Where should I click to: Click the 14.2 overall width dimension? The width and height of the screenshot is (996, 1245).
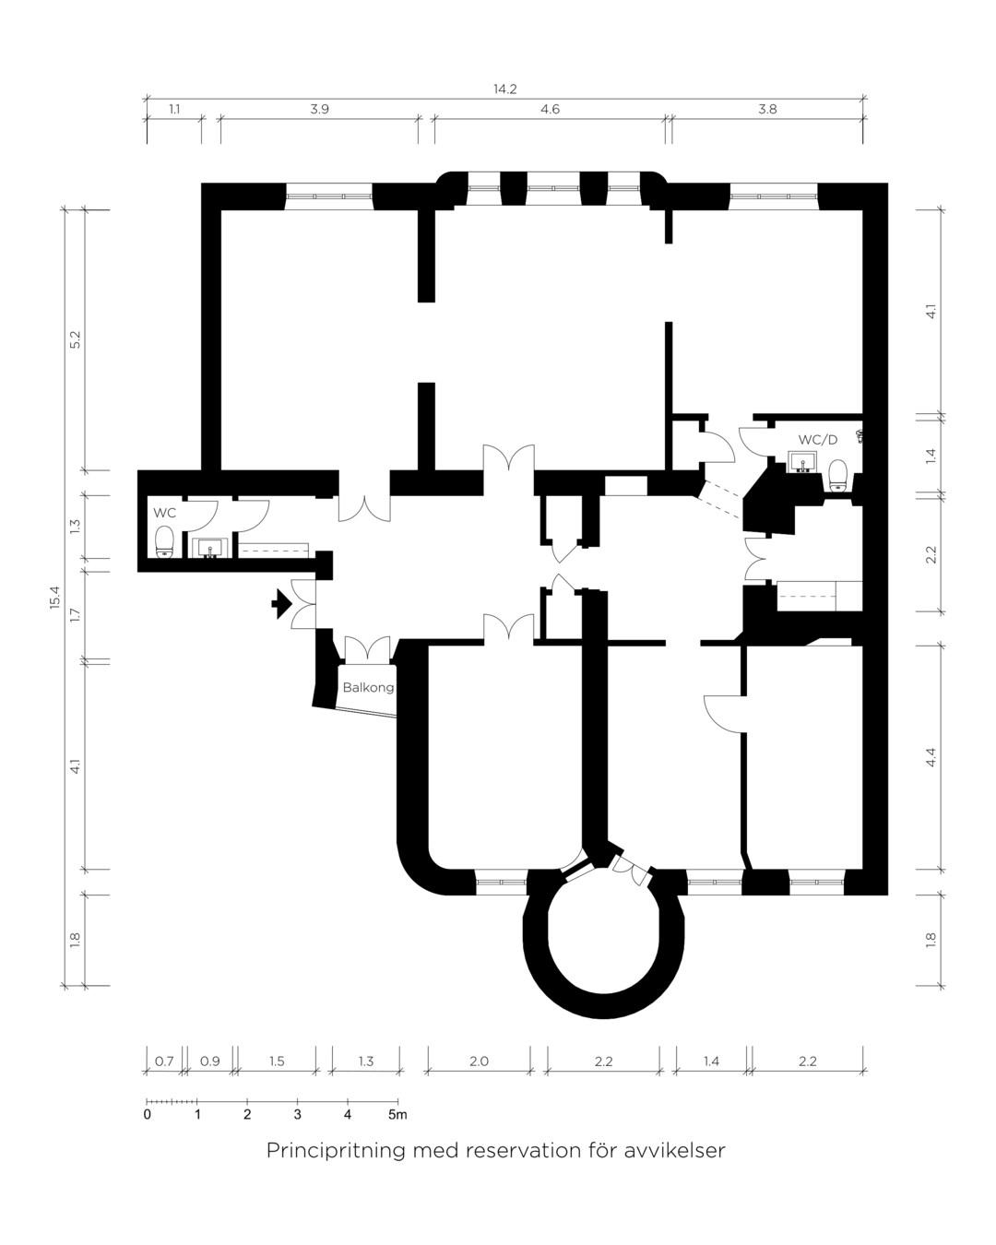click(504, 89)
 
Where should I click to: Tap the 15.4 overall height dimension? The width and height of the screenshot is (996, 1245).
click(54, 597)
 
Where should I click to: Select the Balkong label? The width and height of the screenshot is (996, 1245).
click(368, 687)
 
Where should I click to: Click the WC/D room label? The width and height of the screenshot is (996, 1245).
click(818, 440)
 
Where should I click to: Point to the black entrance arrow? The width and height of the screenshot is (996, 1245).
click(281, 604)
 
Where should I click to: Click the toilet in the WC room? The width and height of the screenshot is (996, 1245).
click(164, 541)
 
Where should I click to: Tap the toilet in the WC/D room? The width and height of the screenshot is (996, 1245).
click(837, 475)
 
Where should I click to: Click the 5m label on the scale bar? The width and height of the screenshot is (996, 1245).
click(397, 1114)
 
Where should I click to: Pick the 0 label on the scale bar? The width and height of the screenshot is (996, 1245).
click(148, 1114)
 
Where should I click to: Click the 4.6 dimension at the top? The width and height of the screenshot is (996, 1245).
click(550, 110)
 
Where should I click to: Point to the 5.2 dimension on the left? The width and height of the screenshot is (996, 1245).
click(76, 339)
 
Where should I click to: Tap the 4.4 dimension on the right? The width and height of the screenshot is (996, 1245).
click(931, 757)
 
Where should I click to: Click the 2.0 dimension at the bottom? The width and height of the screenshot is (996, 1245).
click(479, 1061)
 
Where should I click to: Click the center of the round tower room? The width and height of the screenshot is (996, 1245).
click(603, 931)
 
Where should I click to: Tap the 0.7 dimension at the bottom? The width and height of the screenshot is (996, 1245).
click(164, 1061)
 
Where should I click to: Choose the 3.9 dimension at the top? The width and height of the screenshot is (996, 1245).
click(319, 110)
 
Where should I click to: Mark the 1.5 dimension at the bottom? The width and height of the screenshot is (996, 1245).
click(277, 1061)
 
